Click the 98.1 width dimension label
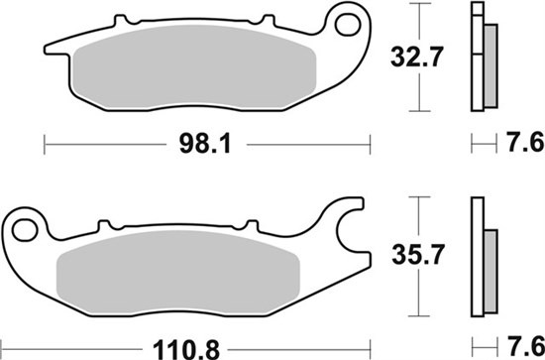pos(205,144)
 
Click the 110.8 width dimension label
pos(186,350)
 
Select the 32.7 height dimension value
pos(417,58)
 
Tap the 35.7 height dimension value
pos(418,255)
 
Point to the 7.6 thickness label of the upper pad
pos(525,143)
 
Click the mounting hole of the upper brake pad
pos(347,25)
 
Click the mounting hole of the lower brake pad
pos(25,230)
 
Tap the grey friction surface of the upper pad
pos(194,66)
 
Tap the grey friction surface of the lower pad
pos(178,272)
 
